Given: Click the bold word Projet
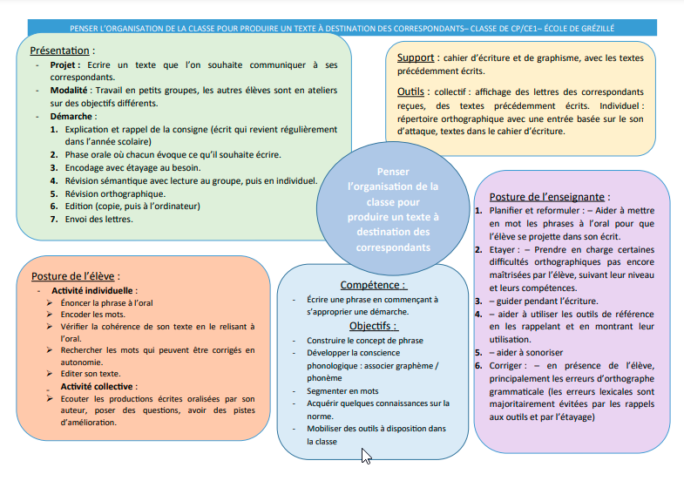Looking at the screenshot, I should coord(66,64).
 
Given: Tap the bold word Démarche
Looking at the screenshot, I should coord(72,115).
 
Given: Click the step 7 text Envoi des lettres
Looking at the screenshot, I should coord(99,219).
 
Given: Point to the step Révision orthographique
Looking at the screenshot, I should coord(114,193).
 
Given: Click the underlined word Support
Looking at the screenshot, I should coord(414,58).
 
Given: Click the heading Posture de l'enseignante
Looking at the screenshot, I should coord(549,197).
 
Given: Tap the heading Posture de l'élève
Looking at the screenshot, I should coord(75,276).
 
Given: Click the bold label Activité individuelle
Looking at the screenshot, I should coord(94,290).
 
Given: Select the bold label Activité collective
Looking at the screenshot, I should coord(96,385).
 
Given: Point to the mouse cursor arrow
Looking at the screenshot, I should coord(366,456).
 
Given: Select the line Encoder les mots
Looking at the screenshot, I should coord(93,314).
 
